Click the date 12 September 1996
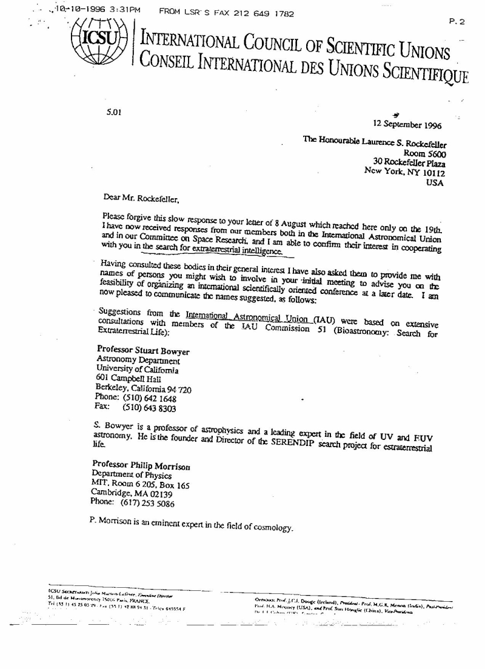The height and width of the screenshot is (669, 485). coord(407,125)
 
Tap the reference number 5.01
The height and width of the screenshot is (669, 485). coord(114,111)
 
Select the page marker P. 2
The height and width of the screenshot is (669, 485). coord(456,22)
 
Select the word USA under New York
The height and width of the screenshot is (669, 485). coord(435,182)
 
